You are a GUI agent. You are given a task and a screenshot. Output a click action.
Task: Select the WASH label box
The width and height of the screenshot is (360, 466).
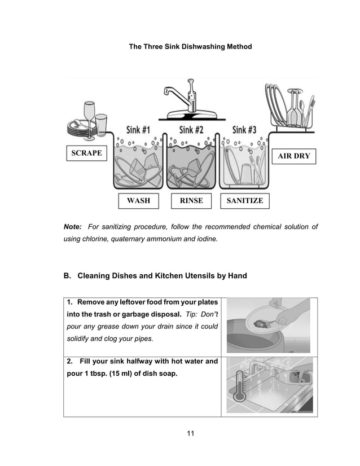click(x=138, y=200)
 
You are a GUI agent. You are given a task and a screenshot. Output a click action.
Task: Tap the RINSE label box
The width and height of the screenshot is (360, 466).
click(x=191, y=200)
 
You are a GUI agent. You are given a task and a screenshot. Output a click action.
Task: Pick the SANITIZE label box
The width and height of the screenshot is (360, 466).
click(x=245, y=200)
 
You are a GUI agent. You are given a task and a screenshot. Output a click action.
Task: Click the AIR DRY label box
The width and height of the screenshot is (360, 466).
click(x=294, y=156)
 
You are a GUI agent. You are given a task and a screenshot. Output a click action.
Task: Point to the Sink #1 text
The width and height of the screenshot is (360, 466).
click(x=138, y=130)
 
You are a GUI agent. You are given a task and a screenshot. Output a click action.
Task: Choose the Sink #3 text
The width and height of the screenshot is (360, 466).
click(x=244, y=130)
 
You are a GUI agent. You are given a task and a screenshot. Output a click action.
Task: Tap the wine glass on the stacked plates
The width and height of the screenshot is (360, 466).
click(x=88, y=116)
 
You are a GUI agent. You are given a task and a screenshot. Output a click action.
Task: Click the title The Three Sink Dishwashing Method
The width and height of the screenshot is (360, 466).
click(x=190, y=46)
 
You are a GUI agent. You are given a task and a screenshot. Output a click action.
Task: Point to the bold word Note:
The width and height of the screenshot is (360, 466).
click(x=73, y=227)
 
